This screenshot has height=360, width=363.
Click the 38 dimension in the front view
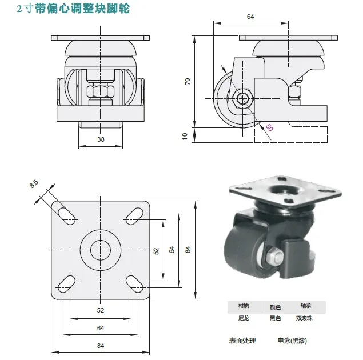click(x=101, y=139)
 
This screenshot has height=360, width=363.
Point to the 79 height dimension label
click(x=187, y=82)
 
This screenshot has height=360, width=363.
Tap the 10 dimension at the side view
click(x=185, y=135)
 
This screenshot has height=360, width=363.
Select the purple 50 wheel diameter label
click(x=269, y=129)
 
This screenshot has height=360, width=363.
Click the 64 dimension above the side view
click(x=250, y=17)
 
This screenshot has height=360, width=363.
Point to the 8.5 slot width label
click(x=34, y=184)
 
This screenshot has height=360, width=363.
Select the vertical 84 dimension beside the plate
click(x=187, y=249)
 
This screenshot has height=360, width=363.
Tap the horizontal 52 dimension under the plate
click(x=101, y=310)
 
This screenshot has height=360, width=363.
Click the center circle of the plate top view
click(x=101, y=249)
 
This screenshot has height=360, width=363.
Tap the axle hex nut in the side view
click(x=242, y=99)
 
